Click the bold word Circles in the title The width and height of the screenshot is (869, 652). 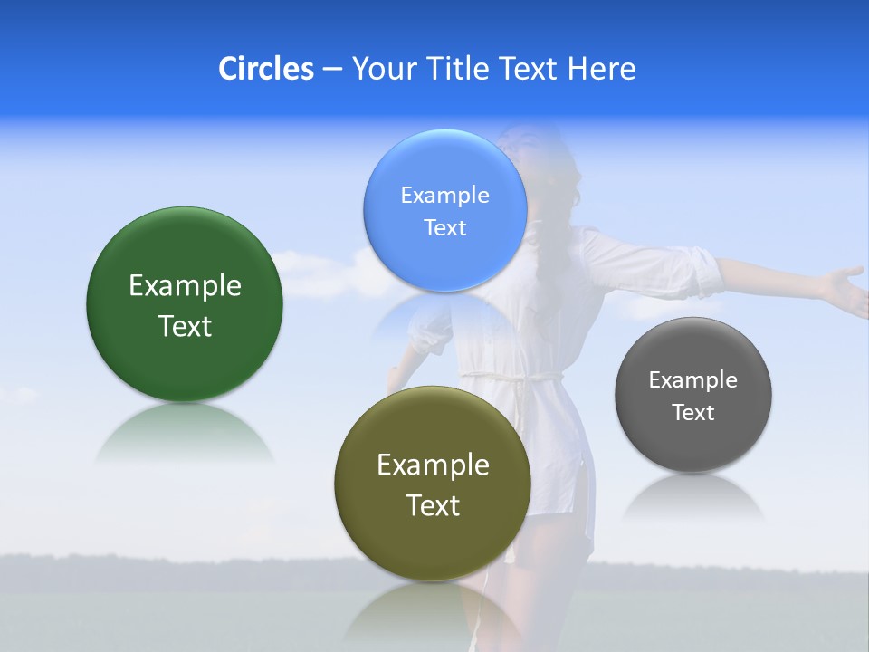coord(265,69)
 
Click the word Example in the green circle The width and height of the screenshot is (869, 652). coord(185,286)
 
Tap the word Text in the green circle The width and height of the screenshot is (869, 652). coord(185,326)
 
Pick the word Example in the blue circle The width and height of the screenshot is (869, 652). coord(444,196)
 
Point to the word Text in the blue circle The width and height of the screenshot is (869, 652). coord(444,228)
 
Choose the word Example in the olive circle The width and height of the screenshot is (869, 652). coord(433,465)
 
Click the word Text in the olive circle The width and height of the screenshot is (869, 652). coord(433,505)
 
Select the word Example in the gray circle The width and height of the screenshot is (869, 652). coord(692,380)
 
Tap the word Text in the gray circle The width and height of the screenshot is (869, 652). coord(692,413)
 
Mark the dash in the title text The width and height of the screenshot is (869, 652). coord(331,69)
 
